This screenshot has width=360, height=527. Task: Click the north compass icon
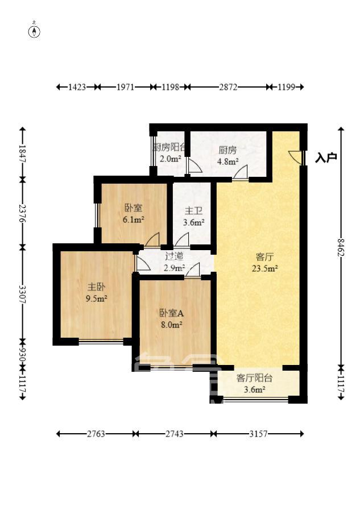(x=35, y=31)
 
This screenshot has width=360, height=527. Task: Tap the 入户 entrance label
(x=326, y=157)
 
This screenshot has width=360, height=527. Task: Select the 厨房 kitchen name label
(x=227, y=150)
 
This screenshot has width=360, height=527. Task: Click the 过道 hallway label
(x=175, y=256)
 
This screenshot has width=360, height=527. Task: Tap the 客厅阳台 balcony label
(x=254, y=377)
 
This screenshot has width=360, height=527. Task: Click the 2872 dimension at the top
(x=228, y=87)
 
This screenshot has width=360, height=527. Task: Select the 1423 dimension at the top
(x=77, y=87)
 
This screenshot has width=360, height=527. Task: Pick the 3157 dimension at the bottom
(x=258, y=434)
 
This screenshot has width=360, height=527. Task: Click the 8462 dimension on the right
(x=341, y=247)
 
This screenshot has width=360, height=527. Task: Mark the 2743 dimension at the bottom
(x=174, y=434)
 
